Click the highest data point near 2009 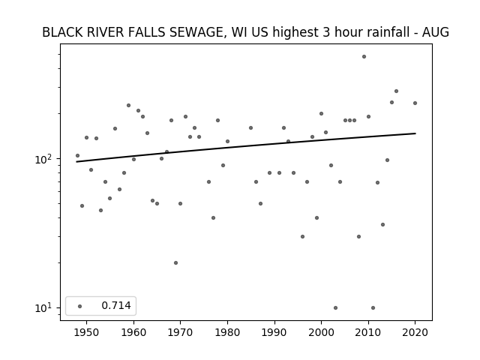pos(364,57)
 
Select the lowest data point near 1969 pos(175,263)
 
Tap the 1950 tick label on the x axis pos(87,333)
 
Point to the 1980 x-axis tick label pos(227,333)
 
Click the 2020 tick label pos(415,333)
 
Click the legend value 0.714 pos(116,305)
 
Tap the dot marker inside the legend pos(80,306)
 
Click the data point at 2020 pos(415,103)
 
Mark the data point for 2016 pos(397,91)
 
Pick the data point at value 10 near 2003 pos(335,308)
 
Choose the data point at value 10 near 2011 pos(373,308)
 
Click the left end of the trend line pos(76,162)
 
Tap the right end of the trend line pos(415,133)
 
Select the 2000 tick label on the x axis pos(322,333)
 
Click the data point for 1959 pos(128,105)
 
